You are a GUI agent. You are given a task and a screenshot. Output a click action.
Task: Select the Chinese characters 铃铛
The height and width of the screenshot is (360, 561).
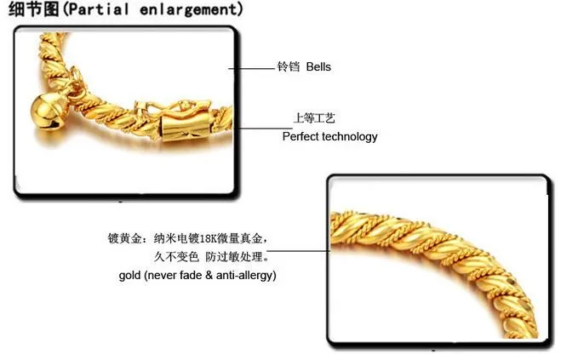[289, 66]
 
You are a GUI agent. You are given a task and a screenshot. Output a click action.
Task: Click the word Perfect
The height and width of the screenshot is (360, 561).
[300, 136]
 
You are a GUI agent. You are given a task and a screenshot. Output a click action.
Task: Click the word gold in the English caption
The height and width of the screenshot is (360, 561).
[131, 276]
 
